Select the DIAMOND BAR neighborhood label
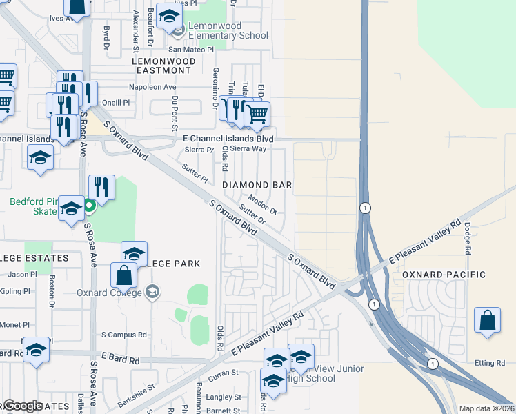click(x=257, y=185)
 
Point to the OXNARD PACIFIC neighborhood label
click(x=444, y=275)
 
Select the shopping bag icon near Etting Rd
click(x=487, y=321)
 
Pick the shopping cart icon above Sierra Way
click(x=257, y=115)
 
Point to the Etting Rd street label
click(x=490, y=363)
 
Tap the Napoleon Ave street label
click(x=153, y=87)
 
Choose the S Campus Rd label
click(x=124, y=335)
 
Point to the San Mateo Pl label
click(x=192, y=50)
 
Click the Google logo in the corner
click(x=23, y=406)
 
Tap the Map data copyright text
click(x=486, y=408)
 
